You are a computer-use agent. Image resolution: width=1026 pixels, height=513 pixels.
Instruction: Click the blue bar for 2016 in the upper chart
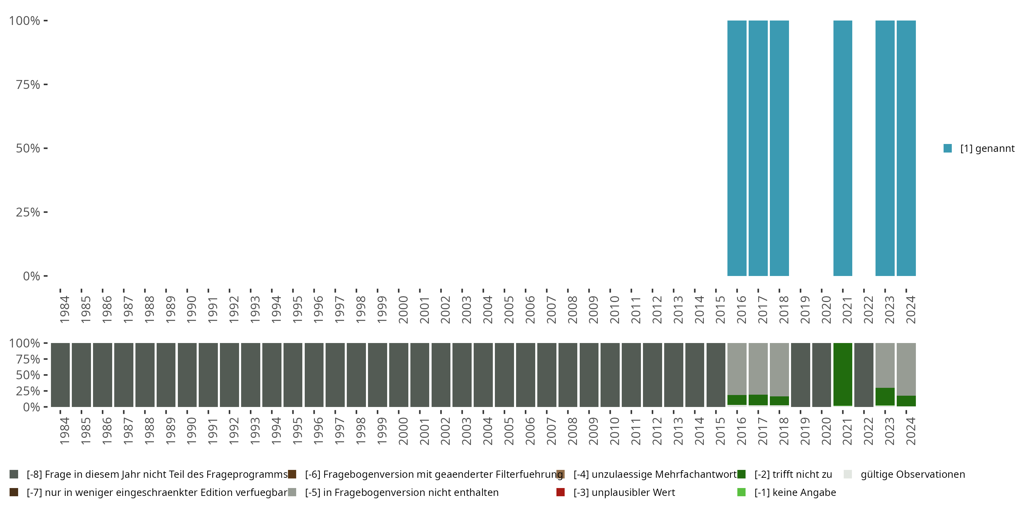coord(737,148)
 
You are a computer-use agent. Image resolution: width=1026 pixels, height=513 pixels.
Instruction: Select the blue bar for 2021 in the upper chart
coord(843,148)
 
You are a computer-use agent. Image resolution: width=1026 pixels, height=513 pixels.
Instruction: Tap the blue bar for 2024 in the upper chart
coord(906,148)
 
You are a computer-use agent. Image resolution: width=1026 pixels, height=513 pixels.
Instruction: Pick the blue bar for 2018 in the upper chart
coord(779,148)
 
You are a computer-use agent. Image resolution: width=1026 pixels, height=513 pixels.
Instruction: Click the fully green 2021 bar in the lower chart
coord(843,374)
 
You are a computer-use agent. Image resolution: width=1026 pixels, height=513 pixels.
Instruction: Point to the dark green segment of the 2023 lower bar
coord(885,396)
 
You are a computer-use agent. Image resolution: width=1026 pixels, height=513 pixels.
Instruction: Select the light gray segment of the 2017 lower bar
coord(758,368)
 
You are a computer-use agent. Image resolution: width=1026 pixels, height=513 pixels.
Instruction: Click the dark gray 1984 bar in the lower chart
coord(60,374)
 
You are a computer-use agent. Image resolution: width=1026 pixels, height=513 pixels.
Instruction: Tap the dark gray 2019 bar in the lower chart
coord(801,374)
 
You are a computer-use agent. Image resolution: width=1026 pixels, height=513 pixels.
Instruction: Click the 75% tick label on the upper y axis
coord(28,84)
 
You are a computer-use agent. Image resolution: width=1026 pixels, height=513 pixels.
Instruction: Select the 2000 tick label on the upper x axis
coord(403,310)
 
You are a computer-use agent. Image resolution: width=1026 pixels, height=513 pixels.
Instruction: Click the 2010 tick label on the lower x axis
coord(615,431)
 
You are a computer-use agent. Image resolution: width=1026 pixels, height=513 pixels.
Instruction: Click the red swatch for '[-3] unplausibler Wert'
coord(561,492)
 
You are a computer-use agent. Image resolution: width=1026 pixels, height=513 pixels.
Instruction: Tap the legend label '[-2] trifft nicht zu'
coord(793,474)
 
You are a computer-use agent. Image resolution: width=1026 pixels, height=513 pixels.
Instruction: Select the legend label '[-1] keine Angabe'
coord(795,492)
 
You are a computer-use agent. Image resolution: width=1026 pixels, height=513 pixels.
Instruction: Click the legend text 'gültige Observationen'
coord(912,474)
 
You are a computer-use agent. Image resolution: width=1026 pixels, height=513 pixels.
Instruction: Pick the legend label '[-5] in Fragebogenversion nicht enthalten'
coord(402,492)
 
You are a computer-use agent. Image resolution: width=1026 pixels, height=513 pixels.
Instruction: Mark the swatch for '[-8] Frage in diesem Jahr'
coord(14,474)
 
